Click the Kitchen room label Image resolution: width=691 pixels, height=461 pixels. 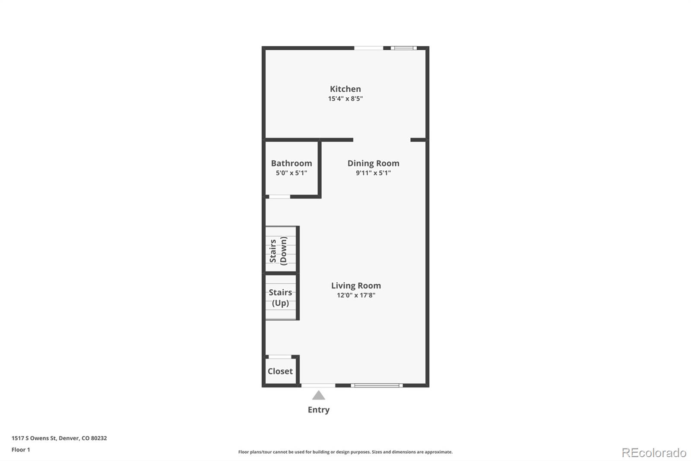pyautogui.click(x=345, y=89)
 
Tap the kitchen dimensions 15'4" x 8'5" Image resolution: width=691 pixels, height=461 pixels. pyautogui.click(x=345, y=99)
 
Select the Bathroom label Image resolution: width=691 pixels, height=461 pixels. pyautogui.click(x=291, y=163)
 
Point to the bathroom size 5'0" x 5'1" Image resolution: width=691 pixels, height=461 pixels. pyautogui.click(x=291, y=173)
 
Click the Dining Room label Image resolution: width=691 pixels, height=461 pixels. pyautogui.click(x=373, y=163)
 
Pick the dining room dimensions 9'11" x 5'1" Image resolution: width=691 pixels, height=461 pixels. pyautogui.click(x=373, y=173)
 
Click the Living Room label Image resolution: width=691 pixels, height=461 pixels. pyautogui.click(x=356, y=285)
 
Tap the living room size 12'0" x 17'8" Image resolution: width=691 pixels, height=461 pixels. pyautogui.click(x=356, y=295)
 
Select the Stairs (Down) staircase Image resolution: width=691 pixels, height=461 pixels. pyautogui.click(x=280, y=250)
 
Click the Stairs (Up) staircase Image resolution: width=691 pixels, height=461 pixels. pyautogui.click(x=280, y=298)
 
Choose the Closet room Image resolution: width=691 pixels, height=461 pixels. pyautogui.click(x=280, y=371)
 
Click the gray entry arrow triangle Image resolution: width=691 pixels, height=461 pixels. pyautogui.click(x=318, y=395)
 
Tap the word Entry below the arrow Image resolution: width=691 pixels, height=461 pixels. pyautogui.click(x=318, y=410)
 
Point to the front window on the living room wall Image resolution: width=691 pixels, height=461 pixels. pyautogui.click(x=377, y=385)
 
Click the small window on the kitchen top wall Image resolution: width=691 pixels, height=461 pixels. pyautogui.click(x=404, y=48)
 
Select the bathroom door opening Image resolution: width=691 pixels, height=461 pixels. pyautogui.click(x=279, y=197)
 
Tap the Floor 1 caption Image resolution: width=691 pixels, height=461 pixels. pyautogui.click(x=21, y=449)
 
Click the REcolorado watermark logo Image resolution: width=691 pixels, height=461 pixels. pyautogui.click(x=653, y=452)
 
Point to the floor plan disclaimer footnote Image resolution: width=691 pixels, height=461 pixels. pyautogui.click(x=345, y=452)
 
